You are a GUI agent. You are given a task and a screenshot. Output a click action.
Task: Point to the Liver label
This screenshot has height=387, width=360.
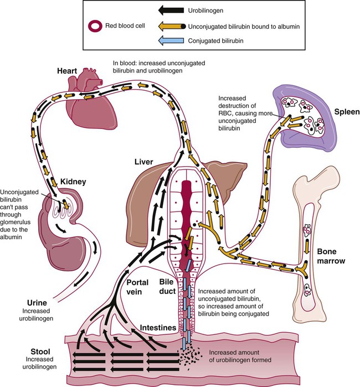click(x=150, y=162)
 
